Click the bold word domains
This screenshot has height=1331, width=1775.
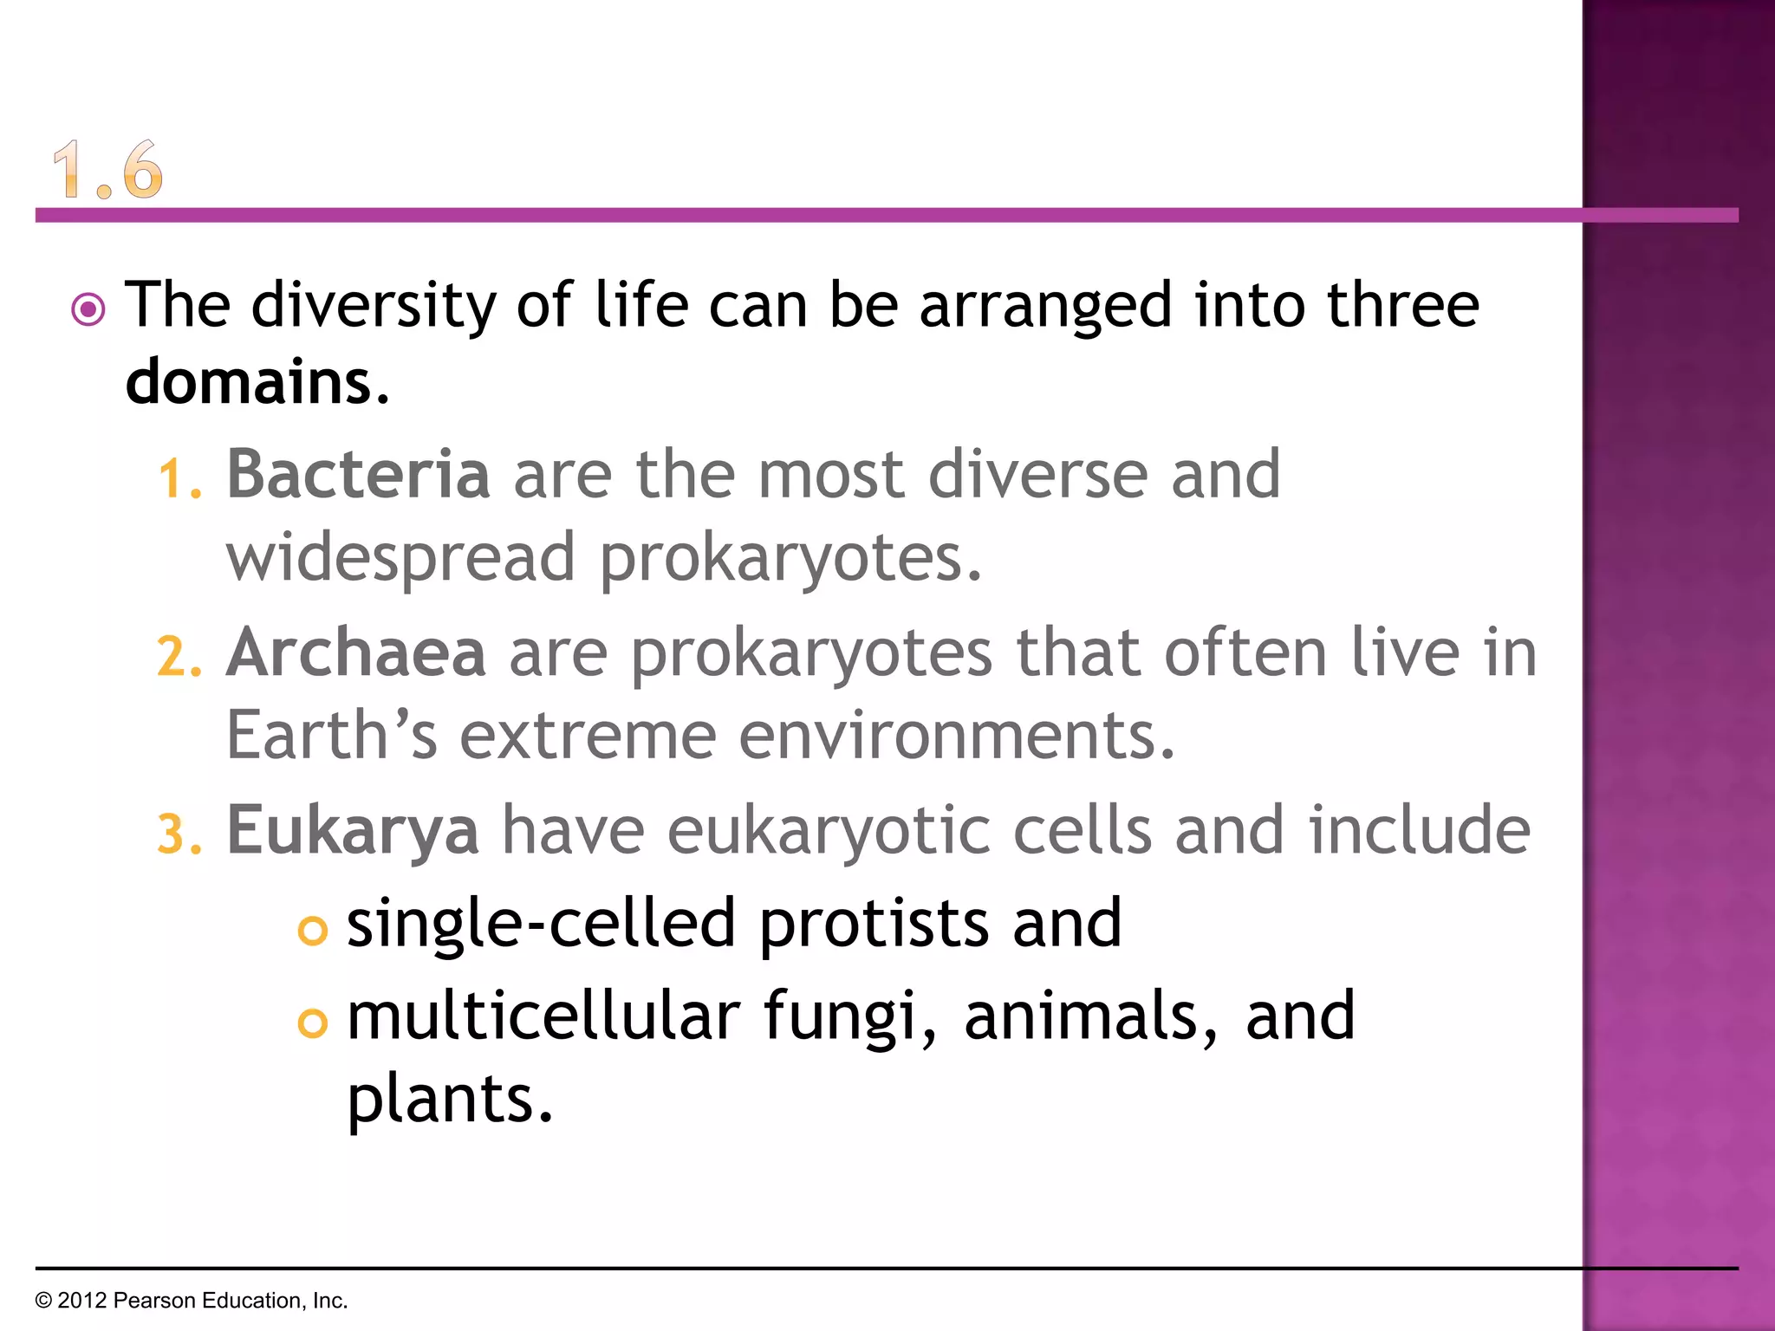pyautogui.click(x=250, y=381)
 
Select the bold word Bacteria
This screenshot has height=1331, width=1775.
pyautogui.click(x=358, y=474)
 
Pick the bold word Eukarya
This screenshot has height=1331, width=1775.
pyautogui.click(x=352, y=830)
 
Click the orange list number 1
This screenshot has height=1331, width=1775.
pyautogui.click(x=179, y=479)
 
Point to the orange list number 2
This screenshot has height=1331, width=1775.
pyautogui.click(x=179, y=657)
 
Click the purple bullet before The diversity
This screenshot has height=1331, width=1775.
pyautogui.click(x=88, y=309)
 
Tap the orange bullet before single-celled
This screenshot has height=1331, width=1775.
pyautogui.click(x=312, y=931)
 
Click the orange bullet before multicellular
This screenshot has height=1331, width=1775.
pyautogui.click(x=312, y=1023)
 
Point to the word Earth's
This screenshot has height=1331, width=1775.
pyautogui.click(x=331, y=735)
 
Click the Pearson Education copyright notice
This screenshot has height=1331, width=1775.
pyautogui.click(x=192, y=1301)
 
